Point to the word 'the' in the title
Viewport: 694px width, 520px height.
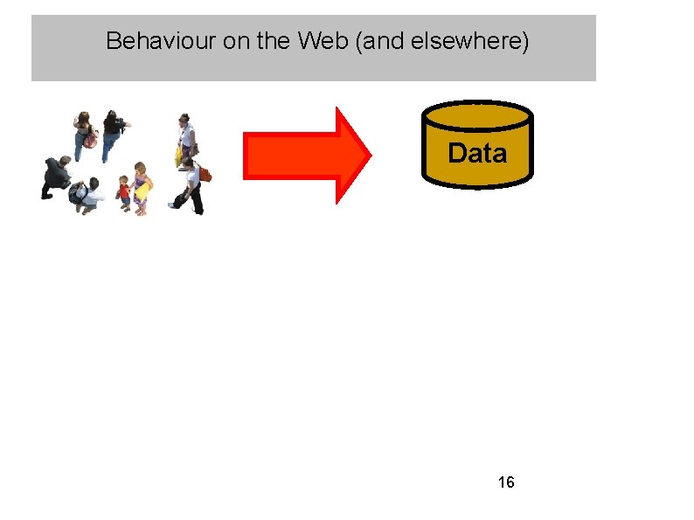[269, 41]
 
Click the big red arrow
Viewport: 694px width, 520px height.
[306, 156]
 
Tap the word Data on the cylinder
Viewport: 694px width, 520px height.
[476, 154]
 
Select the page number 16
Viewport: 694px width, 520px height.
[505, 482]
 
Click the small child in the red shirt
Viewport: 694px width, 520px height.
[124, 192]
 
